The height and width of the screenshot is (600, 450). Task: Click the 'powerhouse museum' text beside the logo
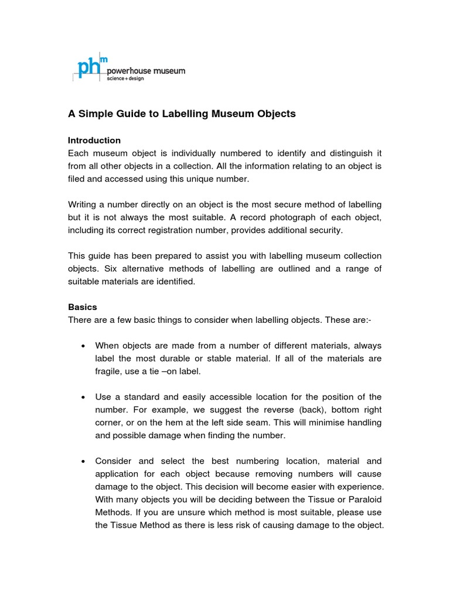[x=146, y=71]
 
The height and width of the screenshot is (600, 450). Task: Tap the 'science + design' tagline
[x=125, y=79]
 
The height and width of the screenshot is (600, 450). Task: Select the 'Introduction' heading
[x=94, y=141]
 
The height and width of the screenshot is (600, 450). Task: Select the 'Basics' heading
[x=83, y=307]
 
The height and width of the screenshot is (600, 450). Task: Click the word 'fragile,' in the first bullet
[x=109, y=371]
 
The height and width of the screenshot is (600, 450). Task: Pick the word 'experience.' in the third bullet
[x=359, y=487]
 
